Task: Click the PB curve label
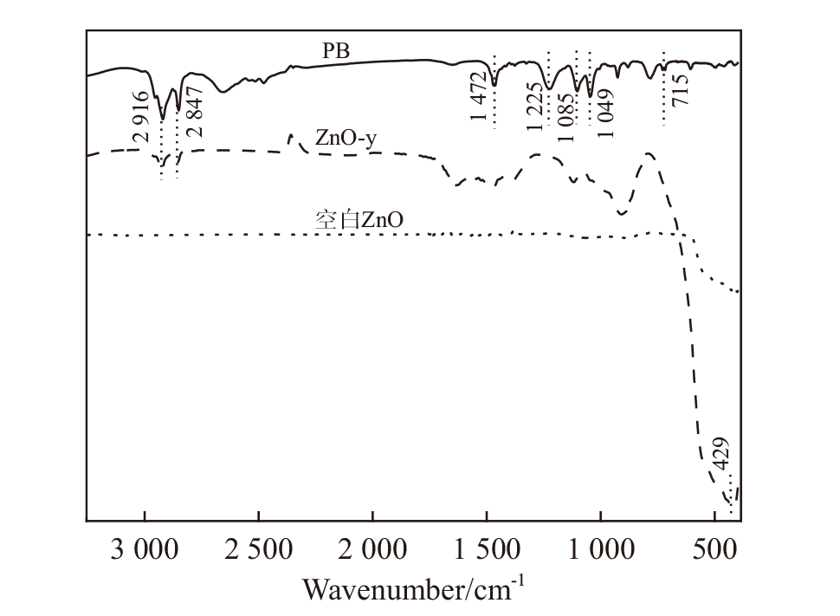point(336,50)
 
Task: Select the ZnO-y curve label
point(346,139)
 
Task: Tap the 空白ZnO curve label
point(358,220)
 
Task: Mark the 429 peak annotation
point(722,457)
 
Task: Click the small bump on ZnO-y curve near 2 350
point(292,137)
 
